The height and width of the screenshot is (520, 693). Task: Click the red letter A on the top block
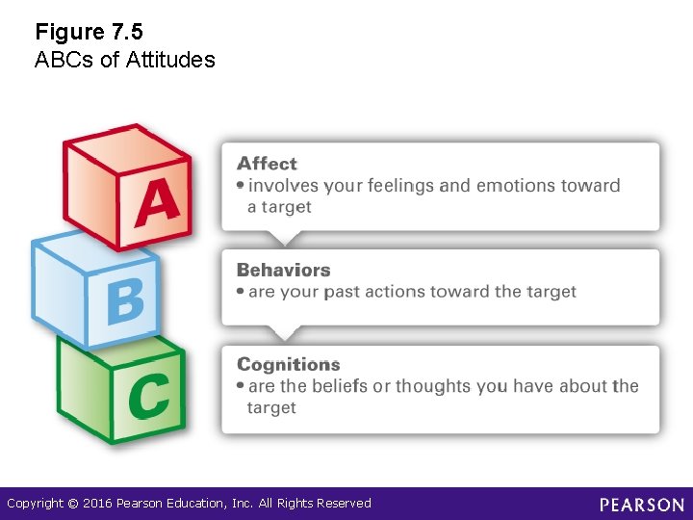[157, 202]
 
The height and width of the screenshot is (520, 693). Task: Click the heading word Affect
[267, 164]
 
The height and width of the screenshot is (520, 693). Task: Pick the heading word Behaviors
[283, 271]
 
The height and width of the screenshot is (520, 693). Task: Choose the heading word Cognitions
[288, 364]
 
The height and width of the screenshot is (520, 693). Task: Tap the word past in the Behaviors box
[342, 292]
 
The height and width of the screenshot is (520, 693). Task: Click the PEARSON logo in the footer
[642, 505]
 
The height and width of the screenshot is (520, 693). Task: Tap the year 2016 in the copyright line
[97, 504]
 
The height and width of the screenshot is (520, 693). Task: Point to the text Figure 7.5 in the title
[89, 33]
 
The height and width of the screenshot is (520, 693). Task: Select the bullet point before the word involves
[241, 186]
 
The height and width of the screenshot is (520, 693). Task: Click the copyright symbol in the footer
[73, 504]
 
